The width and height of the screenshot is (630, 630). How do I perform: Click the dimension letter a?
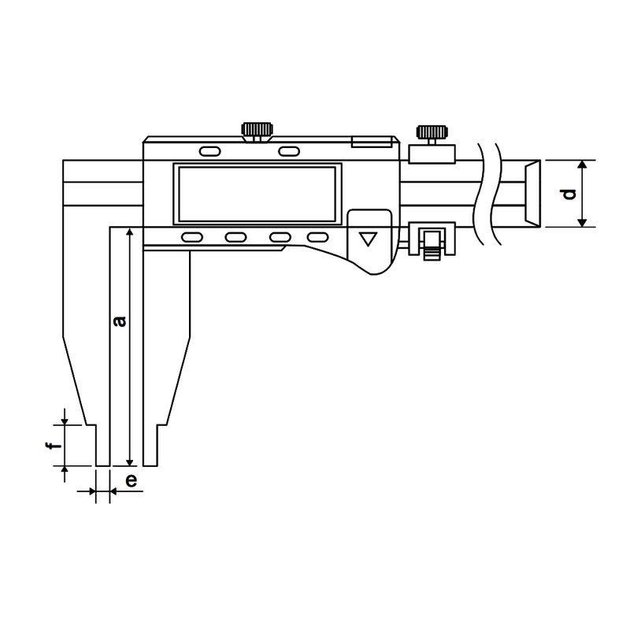(x=119, y=321)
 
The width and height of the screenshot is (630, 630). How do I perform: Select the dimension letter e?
(x=131, y=480)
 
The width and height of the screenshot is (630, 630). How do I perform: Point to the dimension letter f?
(x=52, y=446)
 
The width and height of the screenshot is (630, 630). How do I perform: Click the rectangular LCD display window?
(x=258, y=194)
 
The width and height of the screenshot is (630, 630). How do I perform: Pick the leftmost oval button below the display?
(x=192, y=238)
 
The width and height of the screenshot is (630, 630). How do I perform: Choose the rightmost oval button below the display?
(x=318, y=238)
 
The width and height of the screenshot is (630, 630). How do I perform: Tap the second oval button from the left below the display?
(x=235, y=238)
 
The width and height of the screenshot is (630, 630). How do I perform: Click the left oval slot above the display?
(x=210, y=151)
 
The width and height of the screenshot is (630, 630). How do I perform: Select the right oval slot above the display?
(x=288, y=151)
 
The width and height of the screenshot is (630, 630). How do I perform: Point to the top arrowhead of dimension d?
(x=582, y=165)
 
